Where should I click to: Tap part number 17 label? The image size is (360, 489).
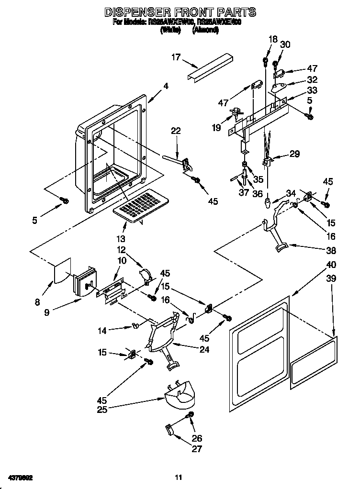click(x=176, y=57)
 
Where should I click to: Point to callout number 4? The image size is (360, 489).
click(x=166, y=86)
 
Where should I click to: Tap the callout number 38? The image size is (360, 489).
click(x=317, y=249)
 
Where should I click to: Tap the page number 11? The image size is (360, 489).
click(x=178, y=477)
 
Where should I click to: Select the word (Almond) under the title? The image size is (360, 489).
click(x=205, y=30)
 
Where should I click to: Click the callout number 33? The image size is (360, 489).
click(x=312, y=90)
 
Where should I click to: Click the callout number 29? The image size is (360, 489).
click(x=295, y=154)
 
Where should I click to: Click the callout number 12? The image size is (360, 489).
click(x=122, y=249)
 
